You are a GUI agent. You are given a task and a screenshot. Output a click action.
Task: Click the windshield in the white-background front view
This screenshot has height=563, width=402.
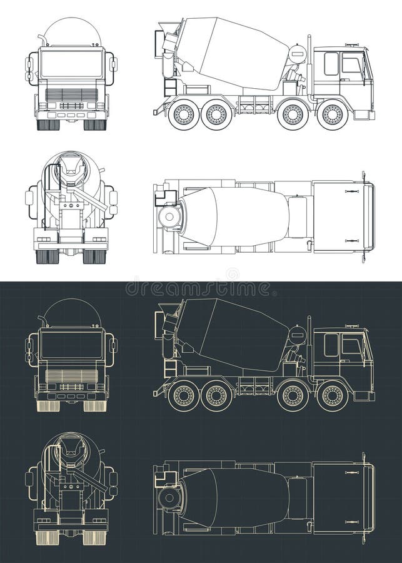[x=71, y=64]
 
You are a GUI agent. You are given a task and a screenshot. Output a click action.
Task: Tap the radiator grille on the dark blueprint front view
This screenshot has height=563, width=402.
[x=71, y=376]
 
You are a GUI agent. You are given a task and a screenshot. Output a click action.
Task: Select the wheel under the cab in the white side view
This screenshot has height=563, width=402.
[x=332, y=114]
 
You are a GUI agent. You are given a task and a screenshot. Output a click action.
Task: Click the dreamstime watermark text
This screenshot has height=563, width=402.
[x=200, y=288]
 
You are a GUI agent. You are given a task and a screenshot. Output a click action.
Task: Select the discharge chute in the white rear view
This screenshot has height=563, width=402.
[x=91, y=199]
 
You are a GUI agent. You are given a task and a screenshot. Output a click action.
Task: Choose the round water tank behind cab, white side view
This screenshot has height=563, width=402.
[x=298, y=55]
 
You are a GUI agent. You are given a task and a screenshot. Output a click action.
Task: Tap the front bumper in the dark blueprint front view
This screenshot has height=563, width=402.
[x=71, y=395]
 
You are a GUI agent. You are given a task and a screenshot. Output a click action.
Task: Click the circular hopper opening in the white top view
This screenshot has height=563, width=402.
[x=169, y=217]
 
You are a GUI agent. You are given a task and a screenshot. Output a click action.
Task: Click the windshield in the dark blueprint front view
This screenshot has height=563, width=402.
[x=71, y=345]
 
